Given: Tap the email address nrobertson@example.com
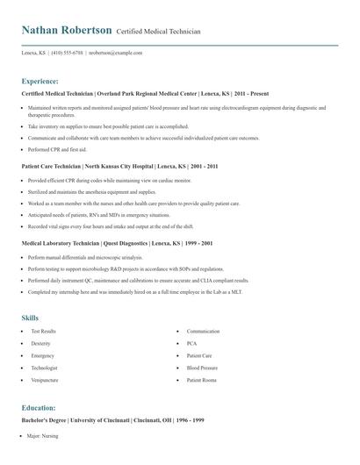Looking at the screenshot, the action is tap(115, 53).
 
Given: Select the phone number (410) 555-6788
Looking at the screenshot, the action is tap(68, 53).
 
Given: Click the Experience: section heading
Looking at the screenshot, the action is tap(40, 80).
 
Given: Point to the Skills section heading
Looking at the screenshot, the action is tap(30, 317).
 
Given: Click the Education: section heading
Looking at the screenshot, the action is tap(39, 408).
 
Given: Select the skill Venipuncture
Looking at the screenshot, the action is tap(44, 380).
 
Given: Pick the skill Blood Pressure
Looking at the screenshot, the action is tap(203, 368).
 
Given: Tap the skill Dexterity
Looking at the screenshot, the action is tap(42, 343).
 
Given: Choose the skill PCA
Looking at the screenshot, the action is tap(192, 343).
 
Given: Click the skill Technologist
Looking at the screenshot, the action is tap(45, 368).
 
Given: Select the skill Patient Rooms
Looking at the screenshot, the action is tap(202, 380).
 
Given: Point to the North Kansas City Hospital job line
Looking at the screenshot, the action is tap(119, 165).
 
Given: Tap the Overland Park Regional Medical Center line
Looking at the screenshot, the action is tap(144, 93).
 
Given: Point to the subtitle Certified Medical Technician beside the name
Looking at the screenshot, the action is tap(158, 32).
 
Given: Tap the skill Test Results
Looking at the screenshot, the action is tap(44, 331).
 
